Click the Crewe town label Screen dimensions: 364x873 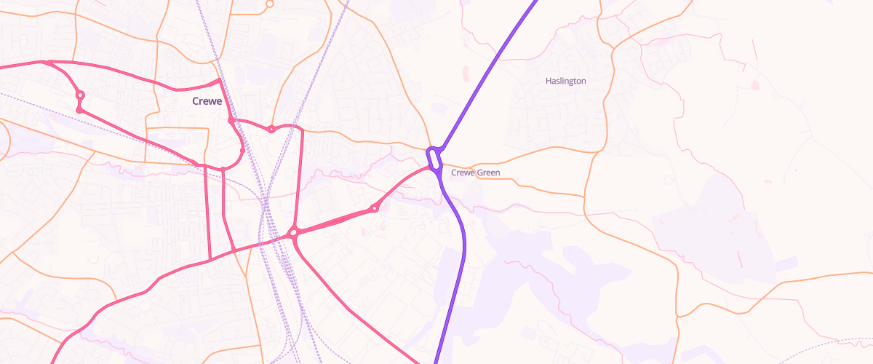click(x=207, y=101)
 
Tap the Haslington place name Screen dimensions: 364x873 click(x=565, y=81)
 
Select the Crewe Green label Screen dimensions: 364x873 click(x=475, y=173)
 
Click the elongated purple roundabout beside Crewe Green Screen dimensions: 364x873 click(x=434, y=159)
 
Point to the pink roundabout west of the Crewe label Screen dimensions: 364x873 click(x=80, y=95)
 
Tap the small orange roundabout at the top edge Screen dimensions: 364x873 click(x=269, y=4)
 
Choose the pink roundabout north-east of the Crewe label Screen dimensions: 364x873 click(x=271, y=130)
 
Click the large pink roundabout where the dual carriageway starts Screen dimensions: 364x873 click(x=293, y=234)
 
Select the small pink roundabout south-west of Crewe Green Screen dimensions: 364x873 click(x=375, y=209)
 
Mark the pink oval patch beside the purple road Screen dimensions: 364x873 click(x=466, y=73)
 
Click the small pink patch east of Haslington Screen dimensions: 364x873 click(x=754, y=85)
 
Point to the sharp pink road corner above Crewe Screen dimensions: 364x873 click(x=219, y=79)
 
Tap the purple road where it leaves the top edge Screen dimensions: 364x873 click(x=535, y=2)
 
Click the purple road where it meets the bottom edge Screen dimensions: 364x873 click(x=436, y=361)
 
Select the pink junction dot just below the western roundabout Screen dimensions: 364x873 click(x=79, y=110)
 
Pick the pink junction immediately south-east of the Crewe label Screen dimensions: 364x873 click(x=231, y=121)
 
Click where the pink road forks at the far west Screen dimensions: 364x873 click(x=45, y=63)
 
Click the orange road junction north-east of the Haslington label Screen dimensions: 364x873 click(x=613, y=48)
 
